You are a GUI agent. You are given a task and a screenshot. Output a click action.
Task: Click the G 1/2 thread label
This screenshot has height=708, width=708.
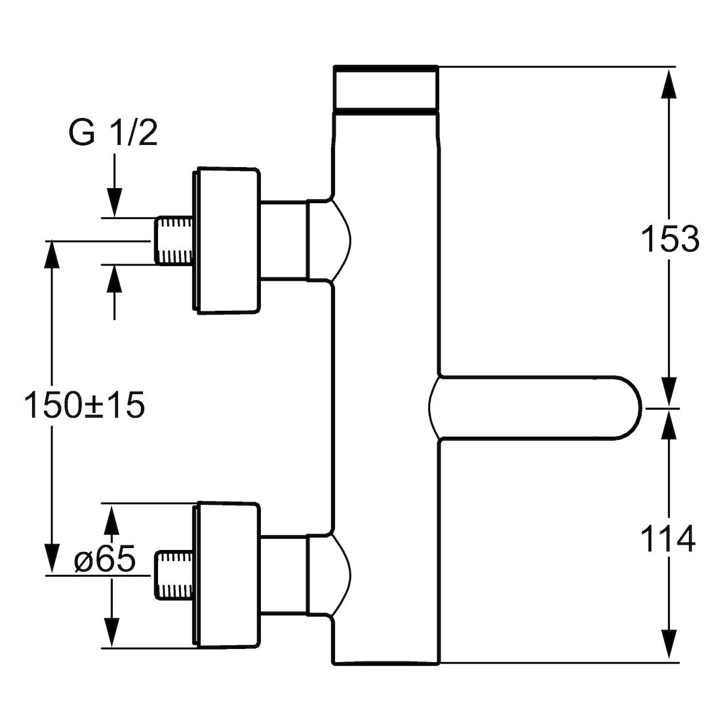[113, 132]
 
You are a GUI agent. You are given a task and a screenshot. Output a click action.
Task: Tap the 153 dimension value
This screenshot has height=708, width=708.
[670, 239]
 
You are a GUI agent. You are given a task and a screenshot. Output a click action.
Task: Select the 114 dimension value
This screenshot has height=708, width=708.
[668, 538]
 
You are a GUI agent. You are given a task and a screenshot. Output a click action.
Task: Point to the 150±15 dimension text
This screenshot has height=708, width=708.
[85, 404]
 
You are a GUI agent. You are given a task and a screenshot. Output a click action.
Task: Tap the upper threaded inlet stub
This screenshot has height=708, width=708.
[175, 240]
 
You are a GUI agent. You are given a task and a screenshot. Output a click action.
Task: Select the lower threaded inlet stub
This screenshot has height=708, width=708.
[175, 576]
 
